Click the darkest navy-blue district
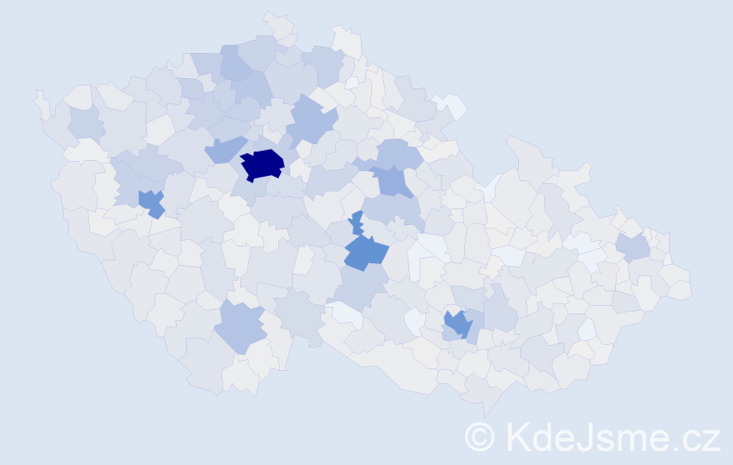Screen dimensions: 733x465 262,164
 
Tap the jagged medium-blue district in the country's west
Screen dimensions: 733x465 151,202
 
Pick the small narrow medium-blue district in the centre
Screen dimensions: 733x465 356,222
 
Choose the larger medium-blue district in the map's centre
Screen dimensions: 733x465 365,252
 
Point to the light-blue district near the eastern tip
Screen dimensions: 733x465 633,246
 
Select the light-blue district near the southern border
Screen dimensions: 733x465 239,327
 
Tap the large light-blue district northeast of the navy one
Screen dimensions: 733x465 311,121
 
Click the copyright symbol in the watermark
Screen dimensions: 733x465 480,435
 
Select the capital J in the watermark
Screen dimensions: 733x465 582,435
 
